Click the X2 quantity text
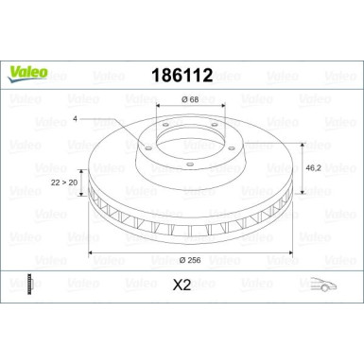182,284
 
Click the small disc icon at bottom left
30,284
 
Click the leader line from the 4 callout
104,120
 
